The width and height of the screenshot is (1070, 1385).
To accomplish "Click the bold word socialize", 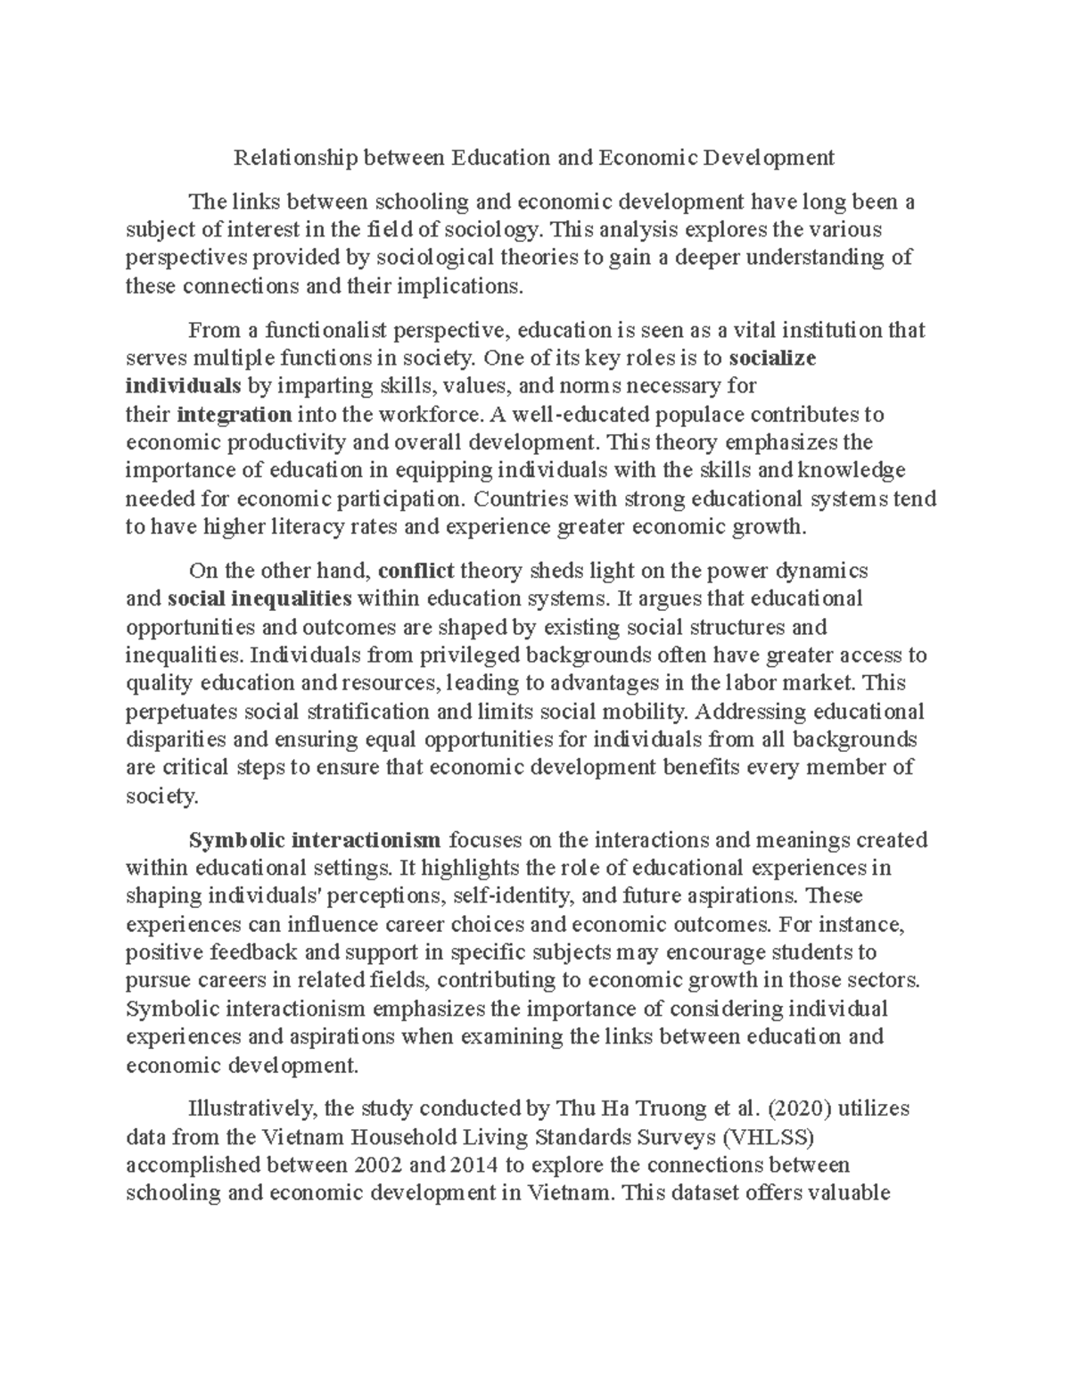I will pos(772,359).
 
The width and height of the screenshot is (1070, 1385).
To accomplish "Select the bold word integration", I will pos(235,415).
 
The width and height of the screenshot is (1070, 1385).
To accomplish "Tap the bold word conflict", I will pos(416,571).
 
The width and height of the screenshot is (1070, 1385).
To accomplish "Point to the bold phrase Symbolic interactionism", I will pos(315,840).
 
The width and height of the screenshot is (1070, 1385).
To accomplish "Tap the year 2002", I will pos(379,1166).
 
